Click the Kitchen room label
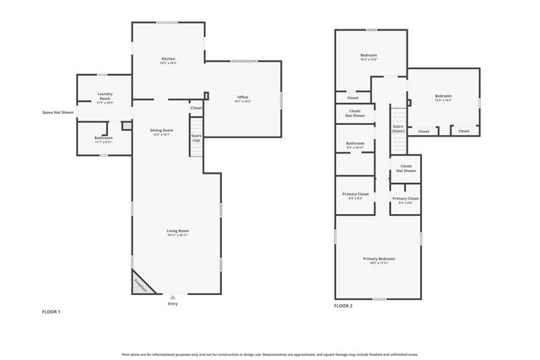pos(168,60)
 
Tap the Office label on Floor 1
pos(243,99)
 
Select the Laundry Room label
pos(105,97)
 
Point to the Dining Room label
pos(161,132)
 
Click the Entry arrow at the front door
pos(173,298)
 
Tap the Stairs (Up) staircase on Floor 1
pos(196,137)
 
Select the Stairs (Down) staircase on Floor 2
pos(398,129)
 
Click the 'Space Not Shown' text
pos(58,112)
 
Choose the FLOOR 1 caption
pos(51,311)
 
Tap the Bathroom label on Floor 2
pos(355,144)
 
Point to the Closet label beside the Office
pos(196,108)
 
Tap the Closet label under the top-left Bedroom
pos(353,98)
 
